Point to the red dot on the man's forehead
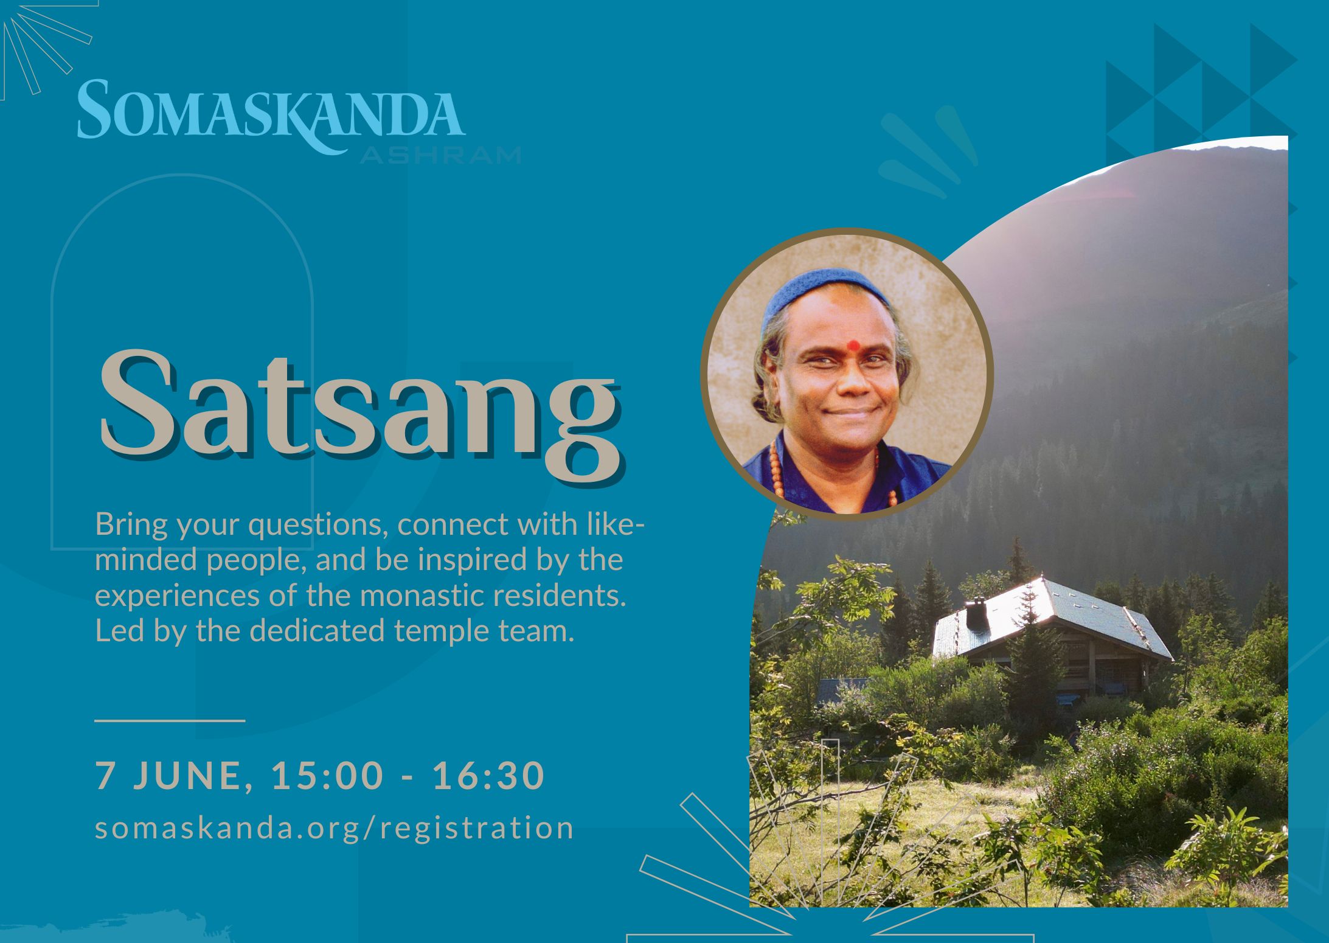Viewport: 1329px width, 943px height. pos(854,345)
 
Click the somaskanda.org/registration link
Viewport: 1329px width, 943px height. pos(335,829)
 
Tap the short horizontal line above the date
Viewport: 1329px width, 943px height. pos(170,720)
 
